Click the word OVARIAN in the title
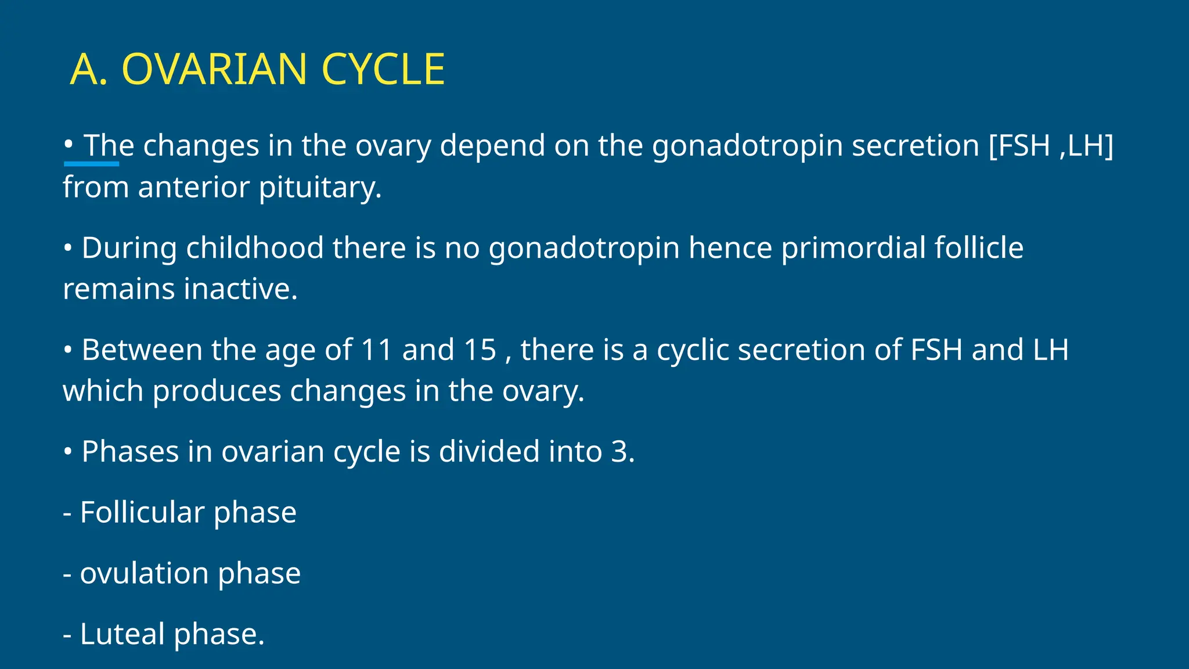tap(214, 70)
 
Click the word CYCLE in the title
tap(383, 70)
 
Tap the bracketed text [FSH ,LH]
tap(1051, 145)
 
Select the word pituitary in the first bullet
tap(320, 188)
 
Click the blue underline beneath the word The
tap(91, 164)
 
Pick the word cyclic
tap(693, 350)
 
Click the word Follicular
tap(142, 512)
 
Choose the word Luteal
tap(122, 634)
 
